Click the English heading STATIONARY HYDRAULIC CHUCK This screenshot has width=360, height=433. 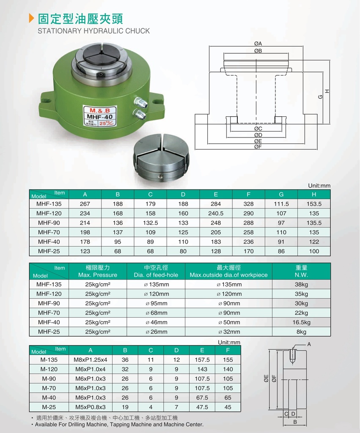click(93, 30)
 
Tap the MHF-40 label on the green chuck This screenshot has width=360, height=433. click(100, 117)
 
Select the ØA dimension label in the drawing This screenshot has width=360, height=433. click(258, 44)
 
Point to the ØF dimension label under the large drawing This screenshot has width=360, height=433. click(258, 147)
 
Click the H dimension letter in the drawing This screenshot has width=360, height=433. click(327, 91)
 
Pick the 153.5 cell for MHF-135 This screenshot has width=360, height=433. click(314, 204)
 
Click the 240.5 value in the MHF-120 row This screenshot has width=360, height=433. click(216, 213)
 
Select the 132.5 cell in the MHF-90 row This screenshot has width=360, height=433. click(150, 223)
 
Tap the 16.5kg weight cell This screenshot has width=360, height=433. click(302, 322)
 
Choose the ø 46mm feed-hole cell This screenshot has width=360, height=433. click(157, 322)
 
